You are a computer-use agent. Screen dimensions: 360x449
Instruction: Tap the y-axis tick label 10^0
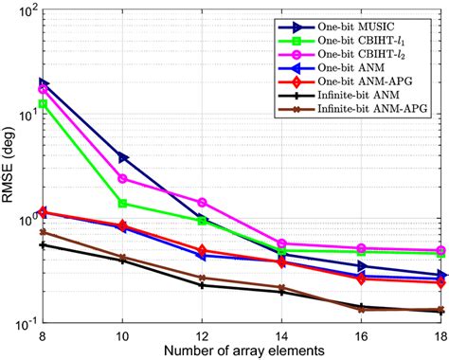pyautogui.click(x=27, y=221)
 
